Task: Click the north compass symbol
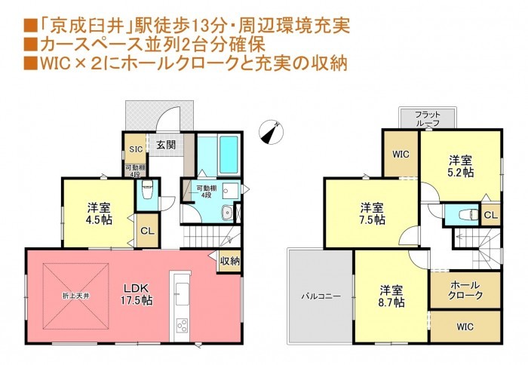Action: [x=271, y=132]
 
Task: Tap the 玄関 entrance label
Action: [x=167, y=145]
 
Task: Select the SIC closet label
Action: [x=136, y=149]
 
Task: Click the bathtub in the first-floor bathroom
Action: [x=229, y=155]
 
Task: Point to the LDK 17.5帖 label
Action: [x=137, y=294]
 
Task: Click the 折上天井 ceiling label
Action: [x=75, y=296]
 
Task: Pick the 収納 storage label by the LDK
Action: [x=230, y=261]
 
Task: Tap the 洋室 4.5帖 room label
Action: [x=99, y=213]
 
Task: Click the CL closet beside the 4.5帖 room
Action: [x=148, y=231]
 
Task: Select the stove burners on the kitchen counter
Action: [x=182, y=326]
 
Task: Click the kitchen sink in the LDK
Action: [x=183, y=294]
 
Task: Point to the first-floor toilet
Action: [x=147, y=190]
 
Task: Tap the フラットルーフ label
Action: [x=428, y=118]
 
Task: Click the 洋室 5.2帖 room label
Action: [x=461, y=166]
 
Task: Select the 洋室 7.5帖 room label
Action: [x=372, y=213]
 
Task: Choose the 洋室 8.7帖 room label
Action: [x=391, y=296]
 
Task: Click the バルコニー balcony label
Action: [x=321, y=296]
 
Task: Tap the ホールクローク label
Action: [x=465, y=290]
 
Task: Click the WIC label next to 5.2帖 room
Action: [x=401, y=154]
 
